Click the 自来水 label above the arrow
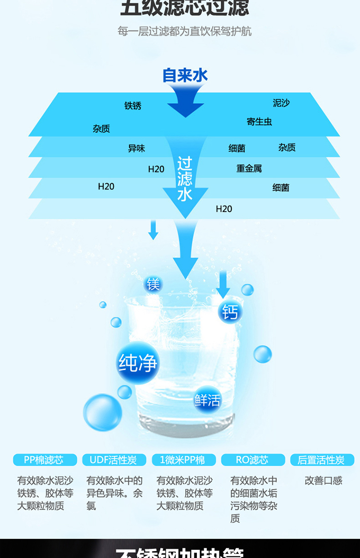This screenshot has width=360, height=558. [185, 75]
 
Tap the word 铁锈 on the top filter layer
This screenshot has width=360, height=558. [133, 106]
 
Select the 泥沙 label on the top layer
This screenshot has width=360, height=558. [281, 103]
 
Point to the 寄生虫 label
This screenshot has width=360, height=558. [259, 122]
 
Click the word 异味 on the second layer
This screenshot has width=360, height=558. [136, 148]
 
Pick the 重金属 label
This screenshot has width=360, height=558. [249, 169]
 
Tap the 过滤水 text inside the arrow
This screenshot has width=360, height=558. [185, 179]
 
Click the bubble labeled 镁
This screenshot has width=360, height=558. [154, 284]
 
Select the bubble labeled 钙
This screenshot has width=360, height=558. [230, 312]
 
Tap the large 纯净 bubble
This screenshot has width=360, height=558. [138, 363]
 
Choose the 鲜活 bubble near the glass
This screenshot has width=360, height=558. [207, 400]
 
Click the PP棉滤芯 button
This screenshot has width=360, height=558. [44, 460]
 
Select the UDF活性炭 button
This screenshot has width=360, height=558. [113, 460]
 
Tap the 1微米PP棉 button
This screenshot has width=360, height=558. [183, 460]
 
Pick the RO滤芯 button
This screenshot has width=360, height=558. [252, 460]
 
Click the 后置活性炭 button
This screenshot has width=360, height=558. [322, 460]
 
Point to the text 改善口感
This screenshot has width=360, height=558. [324, 480]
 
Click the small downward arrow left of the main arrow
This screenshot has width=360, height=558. [153, 230]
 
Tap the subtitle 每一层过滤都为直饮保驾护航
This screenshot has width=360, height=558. [184, 32]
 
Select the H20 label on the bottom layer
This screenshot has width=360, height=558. [224, 209]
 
